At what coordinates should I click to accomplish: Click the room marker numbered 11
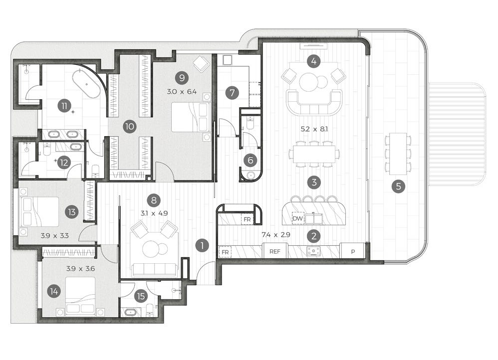click(64, 106)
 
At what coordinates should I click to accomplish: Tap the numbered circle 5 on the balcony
click(398, 186)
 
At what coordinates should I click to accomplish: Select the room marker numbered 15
click(141, 296)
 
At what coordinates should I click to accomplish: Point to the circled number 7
click(232, 93)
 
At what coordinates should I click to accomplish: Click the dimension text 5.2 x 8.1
click(314, 129)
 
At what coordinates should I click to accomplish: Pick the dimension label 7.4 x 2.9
click(275, 235)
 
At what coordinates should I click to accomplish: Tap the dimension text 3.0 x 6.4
click(182, 92)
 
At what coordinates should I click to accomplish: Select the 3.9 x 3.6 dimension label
click(81, 269)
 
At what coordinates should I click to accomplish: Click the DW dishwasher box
click(298, 218)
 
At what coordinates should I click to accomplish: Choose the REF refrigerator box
click(275, 251)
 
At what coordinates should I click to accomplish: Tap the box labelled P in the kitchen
click(352, 251)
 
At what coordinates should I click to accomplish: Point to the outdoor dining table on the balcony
click(398, 154)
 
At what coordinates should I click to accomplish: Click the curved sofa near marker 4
click(314, 101)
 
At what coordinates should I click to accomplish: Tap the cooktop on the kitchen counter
click(313, 251)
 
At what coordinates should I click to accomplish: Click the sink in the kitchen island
click(314, 219)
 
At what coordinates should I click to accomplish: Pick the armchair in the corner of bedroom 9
click(201, 63)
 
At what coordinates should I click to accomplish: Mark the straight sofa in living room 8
click(155, 270)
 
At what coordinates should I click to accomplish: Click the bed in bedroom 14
click(80, 296)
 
